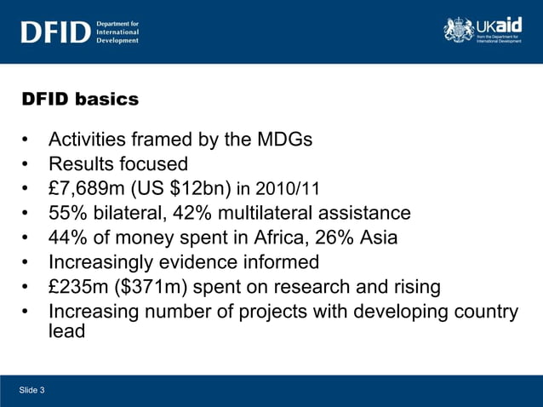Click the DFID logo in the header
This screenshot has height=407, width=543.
coord(54,32)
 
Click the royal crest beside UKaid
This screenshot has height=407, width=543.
coord(458,30)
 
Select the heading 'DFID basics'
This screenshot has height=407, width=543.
coord(80,100)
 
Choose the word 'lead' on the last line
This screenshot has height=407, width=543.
coord(67,331)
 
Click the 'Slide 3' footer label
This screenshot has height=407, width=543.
coord(32,390)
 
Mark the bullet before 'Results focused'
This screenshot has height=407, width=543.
coord(29,163)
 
